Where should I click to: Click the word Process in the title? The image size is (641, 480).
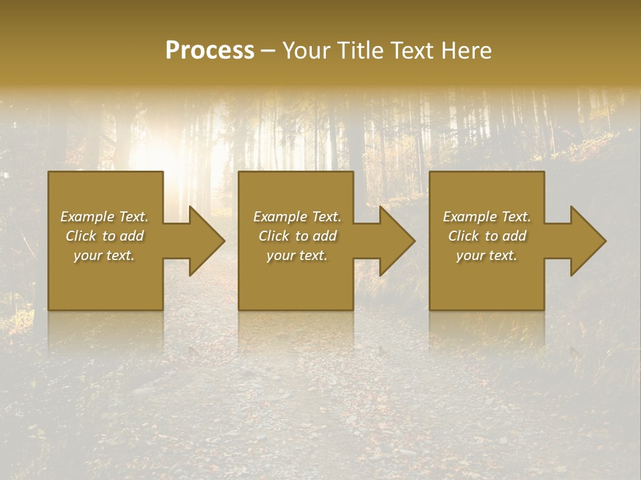(x=210, y=51)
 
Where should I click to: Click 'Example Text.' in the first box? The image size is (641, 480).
(x=104, y=217)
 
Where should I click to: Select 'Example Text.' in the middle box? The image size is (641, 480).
(x=297, y=217)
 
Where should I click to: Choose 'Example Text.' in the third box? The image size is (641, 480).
(x=487, y=217)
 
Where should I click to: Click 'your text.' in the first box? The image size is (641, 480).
(x=104, y=255)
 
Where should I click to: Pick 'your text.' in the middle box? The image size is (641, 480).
(x=297, y=255)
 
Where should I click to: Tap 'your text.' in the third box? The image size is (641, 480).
(x=487, y=255)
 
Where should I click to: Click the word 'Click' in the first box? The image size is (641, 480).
(x=81, y=236)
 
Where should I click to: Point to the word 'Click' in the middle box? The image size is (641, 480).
(x=274, y=236)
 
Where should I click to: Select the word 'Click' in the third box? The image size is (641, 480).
(x=463, y=236)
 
